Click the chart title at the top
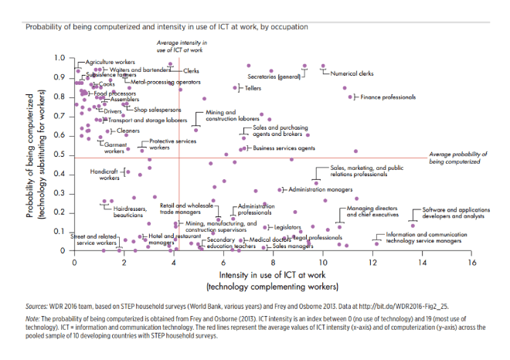click(x=167, y=26)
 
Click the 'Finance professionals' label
click(x=388, y=97)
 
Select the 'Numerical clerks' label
click(x=352, y=73)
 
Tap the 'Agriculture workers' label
click(x=111, y=61)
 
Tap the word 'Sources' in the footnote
click(x=37, y=306)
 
